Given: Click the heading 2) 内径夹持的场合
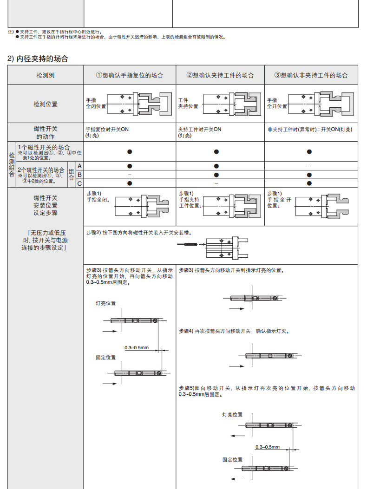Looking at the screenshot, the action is click(x=38, y=59).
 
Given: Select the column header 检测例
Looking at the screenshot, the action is click(x=46, y=75).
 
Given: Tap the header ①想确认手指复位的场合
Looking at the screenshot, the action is click(x=130, y=75).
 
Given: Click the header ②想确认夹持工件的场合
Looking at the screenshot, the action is click(x=220, y=75).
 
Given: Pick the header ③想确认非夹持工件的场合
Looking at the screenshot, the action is click(x=311, y=75).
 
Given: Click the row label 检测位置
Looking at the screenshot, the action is click(x=46, y=104).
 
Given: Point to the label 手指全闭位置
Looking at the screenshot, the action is click(x=96, y=103).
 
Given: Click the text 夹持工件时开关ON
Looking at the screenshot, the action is click(x=200, y=130).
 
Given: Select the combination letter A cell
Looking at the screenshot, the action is click(x=79, y=166).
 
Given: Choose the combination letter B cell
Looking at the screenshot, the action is click(x=79, y=175).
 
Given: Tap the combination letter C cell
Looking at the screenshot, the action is click(x=79, y=183).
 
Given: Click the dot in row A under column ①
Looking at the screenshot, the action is click(x=130, y=166).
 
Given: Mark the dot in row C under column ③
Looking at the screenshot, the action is click(x=309, y=183).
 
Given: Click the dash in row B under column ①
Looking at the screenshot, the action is click(x=130, y=175).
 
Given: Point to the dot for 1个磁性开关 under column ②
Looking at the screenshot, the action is click(x=216, y=152).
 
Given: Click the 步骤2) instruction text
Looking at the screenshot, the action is click(x=139, y=233).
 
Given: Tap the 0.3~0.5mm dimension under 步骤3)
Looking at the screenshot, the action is click(x=137, y=348).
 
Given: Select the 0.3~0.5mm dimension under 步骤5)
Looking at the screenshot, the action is click(x=268, y=447).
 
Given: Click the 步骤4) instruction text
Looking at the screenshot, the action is click(x=234, y=331).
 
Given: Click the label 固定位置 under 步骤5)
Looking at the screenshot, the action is click(x=232, y=460).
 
